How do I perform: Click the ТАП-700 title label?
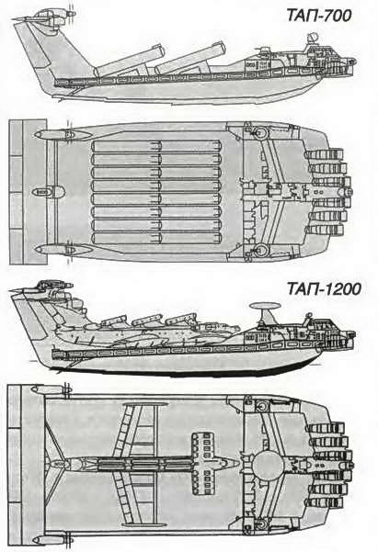(x=319, y=16)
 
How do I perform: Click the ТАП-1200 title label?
(x=324, y=288)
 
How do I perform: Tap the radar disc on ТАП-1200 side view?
(x=266, y=306)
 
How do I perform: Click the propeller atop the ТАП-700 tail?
(x=72, y=14)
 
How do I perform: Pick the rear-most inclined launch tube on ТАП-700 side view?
(x=131, y=61)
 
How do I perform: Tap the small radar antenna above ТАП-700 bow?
(x=312, y=38)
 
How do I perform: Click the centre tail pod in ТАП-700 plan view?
(x=49, y=192)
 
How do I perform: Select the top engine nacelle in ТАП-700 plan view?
(x=62, y=134)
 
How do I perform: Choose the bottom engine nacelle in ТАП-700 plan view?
(x=62, y=250)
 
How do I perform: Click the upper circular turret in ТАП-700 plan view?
(x=261, y=133)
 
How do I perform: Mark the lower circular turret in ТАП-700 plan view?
(x=261, y=251)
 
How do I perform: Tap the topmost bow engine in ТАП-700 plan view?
(x=324, y=154)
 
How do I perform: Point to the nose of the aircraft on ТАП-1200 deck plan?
(x=235, y=465)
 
